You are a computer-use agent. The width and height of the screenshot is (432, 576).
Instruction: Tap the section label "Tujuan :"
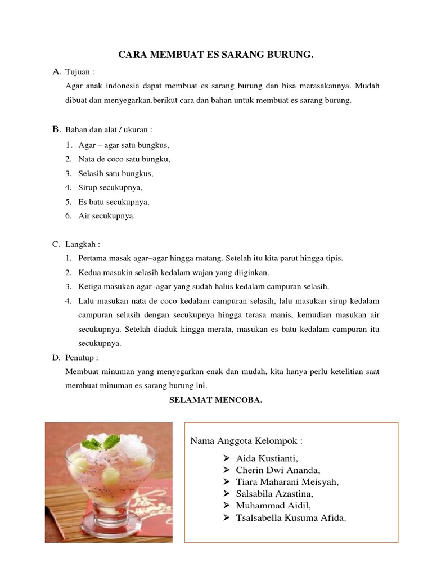(x=80, y=72)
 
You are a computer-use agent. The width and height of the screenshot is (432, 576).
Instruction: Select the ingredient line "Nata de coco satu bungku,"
(x=124, y=159)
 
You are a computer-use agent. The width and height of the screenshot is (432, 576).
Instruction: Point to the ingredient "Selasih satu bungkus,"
(x=116, y=173)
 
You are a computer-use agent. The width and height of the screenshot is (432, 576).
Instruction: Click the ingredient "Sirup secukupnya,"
(x=111, y=187)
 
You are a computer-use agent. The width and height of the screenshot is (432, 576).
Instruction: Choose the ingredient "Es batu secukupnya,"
(x=114, y=201)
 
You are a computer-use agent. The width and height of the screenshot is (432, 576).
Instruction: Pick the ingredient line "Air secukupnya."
(x=107, y=215)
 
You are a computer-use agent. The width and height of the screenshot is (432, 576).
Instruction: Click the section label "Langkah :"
(x=83, y=244)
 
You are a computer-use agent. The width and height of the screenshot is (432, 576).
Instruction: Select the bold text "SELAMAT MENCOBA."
(x=216, y=400)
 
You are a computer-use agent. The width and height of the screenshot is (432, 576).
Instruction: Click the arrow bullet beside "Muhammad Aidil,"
(x=227, y=506)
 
